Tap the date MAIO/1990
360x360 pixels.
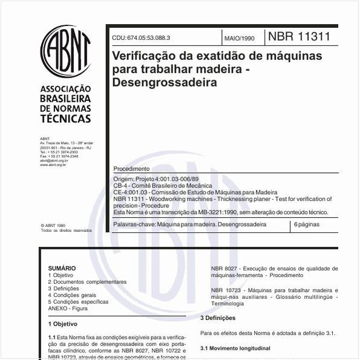240,38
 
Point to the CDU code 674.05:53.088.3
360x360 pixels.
141,38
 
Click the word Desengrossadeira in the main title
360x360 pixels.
165,82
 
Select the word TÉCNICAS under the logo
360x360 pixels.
65,119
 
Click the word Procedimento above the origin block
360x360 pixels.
131,168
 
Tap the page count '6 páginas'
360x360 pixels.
307,224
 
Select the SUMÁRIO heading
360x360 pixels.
62,267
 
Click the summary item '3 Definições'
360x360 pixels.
67,289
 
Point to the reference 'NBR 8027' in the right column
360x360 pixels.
224,268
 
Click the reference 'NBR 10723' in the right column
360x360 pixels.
226,290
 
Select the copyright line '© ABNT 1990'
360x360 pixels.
53,224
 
